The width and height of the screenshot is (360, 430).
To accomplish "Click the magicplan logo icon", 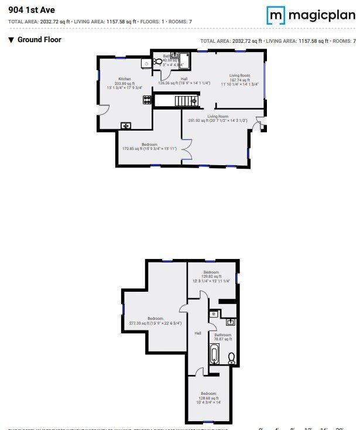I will [x=276, y=15].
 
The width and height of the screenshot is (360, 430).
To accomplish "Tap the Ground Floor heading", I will [x=39, y=40].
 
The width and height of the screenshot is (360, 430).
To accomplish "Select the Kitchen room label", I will [x=125, y=79].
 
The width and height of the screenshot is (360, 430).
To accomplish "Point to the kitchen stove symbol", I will [x=147, y=100].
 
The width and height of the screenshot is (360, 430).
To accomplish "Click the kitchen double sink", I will [x=126, y=125].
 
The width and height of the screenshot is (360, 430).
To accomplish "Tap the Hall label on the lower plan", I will [x=198, y=333].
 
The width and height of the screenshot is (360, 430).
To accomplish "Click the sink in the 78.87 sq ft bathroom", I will [x=231, y=322].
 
